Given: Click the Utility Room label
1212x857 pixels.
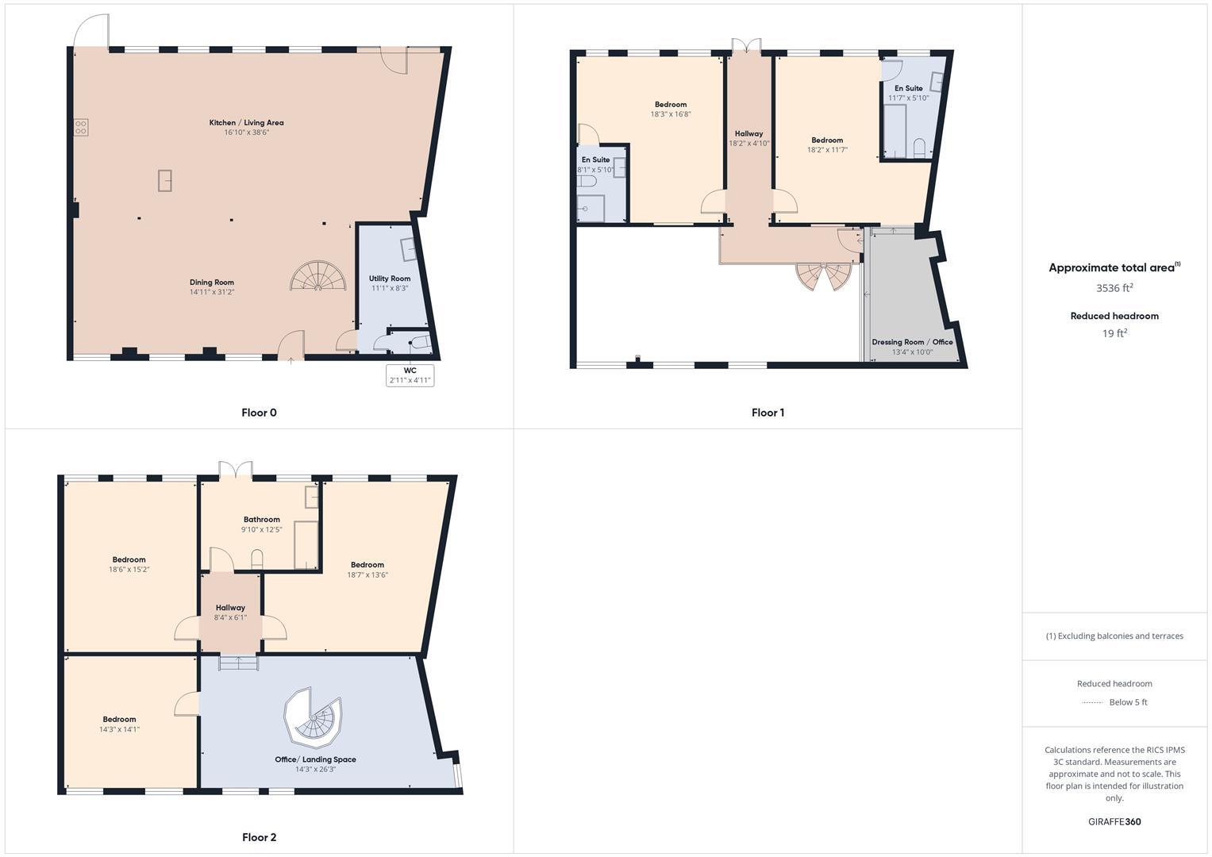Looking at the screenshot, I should (x=389, y=279).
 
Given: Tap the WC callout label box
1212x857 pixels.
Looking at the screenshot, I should (x=410, y=375).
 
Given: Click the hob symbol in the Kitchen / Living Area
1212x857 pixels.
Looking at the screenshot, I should (x=81, y=128).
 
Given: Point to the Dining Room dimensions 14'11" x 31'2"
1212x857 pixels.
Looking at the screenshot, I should (x=212, y=292).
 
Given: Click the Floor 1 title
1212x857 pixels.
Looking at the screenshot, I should (x=768, y=413).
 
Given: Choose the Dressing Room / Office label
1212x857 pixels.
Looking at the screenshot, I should (x=912, y=342).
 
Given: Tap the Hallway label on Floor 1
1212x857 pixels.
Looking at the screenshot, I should (x=748, y=133).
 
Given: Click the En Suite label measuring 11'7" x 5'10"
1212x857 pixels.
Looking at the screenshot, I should (x=908, y=88).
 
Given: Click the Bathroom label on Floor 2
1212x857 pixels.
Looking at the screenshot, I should (x=261, y=520).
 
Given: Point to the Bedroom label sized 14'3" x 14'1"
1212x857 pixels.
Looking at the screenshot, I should (x=119, y=719).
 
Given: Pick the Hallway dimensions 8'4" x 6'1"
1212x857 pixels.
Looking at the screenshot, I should (x=230, y=617).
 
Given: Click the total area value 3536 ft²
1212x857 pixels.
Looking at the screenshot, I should (x=1114, y=288).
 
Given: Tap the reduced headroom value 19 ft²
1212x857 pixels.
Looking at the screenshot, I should (x=1114, y=333).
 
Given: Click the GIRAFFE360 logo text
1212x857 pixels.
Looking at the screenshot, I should (x=1114, y=822).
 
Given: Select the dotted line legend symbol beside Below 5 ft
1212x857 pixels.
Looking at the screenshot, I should (x=1092, y=702).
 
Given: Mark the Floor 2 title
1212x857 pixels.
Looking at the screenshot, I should (x=260, y=837).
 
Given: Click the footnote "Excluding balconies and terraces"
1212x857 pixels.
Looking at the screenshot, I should (x=1114, y=636).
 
